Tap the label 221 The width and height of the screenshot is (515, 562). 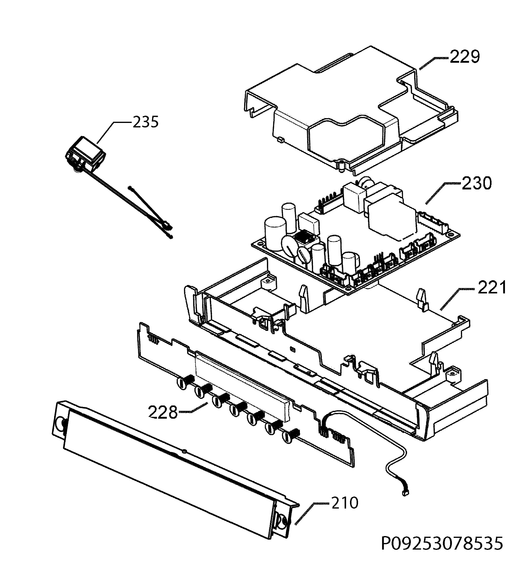492,288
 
